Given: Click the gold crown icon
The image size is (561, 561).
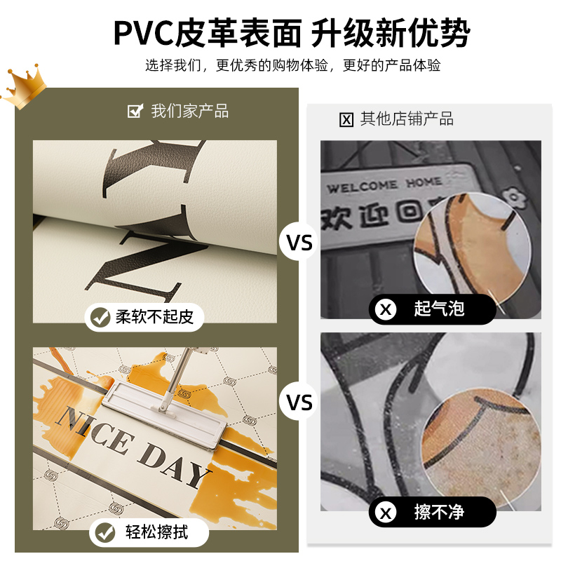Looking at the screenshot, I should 22,88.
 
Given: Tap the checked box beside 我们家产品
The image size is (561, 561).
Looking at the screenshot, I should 135,111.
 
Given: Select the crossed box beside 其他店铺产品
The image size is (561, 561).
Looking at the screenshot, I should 346,120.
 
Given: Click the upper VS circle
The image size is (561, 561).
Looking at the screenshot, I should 300,243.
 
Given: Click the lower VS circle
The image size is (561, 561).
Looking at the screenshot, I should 300,403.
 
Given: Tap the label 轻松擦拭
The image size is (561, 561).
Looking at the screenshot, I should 149,532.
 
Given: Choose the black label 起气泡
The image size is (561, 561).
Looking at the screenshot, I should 433,309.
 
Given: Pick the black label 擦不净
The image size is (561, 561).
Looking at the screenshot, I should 433,513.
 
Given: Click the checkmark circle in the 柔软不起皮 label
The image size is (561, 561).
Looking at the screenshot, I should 100,317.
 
